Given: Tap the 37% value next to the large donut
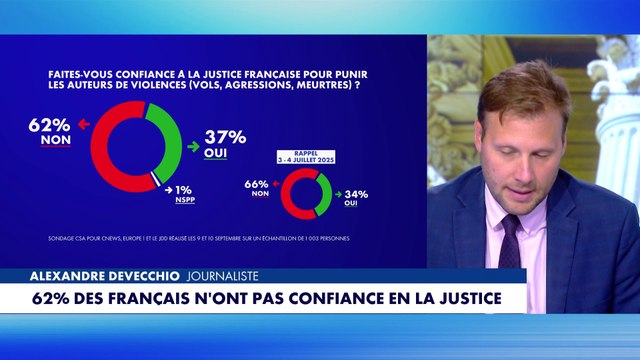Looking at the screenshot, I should (225, 137).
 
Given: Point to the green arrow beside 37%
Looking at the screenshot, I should (194, 146).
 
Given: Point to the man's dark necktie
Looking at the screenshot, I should (510, 240).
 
